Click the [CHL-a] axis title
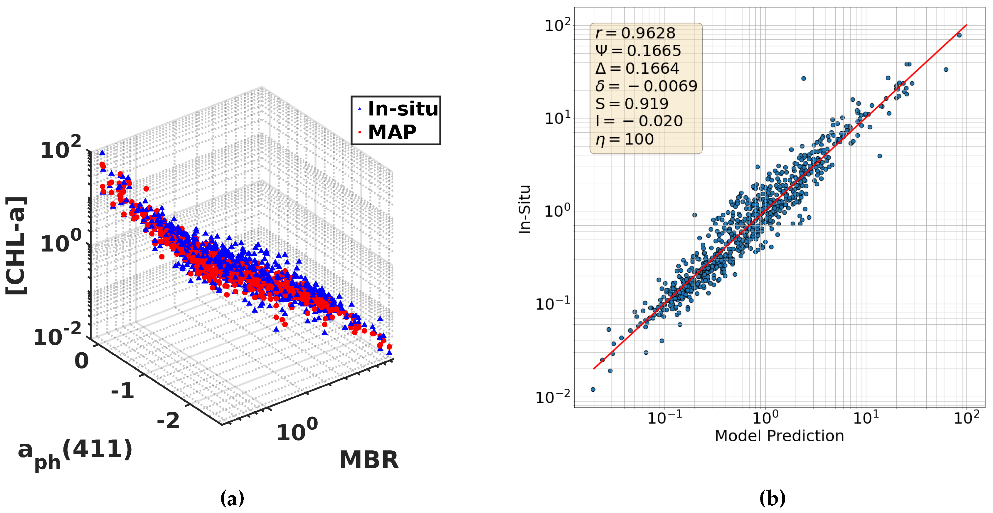[x=16, y=246]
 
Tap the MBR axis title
[x=369, y=460]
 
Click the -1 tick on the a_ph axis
[x=122, y=391]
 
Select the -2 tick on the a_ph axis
[x=169, y=420]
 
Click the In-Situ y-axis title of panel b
[x=525, y=209]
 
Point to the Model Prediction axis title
[x=779, y=436]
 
